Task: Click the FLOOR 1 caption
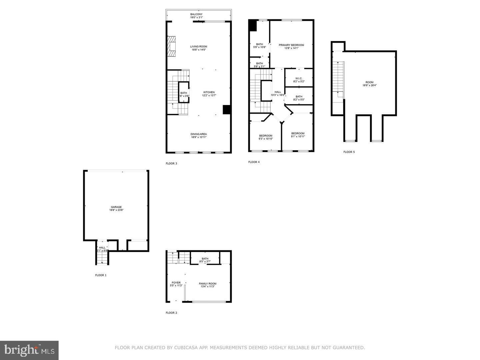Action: click(x=101, y=275)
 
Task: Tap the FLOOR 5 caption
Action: click(x=349, y=152)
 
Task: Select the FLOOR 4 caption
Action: click(x=254, y=162)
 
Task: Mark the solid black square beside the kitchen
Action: click(x=227, y=110)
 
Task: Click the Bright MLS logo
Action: click(x=29, y=350)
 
